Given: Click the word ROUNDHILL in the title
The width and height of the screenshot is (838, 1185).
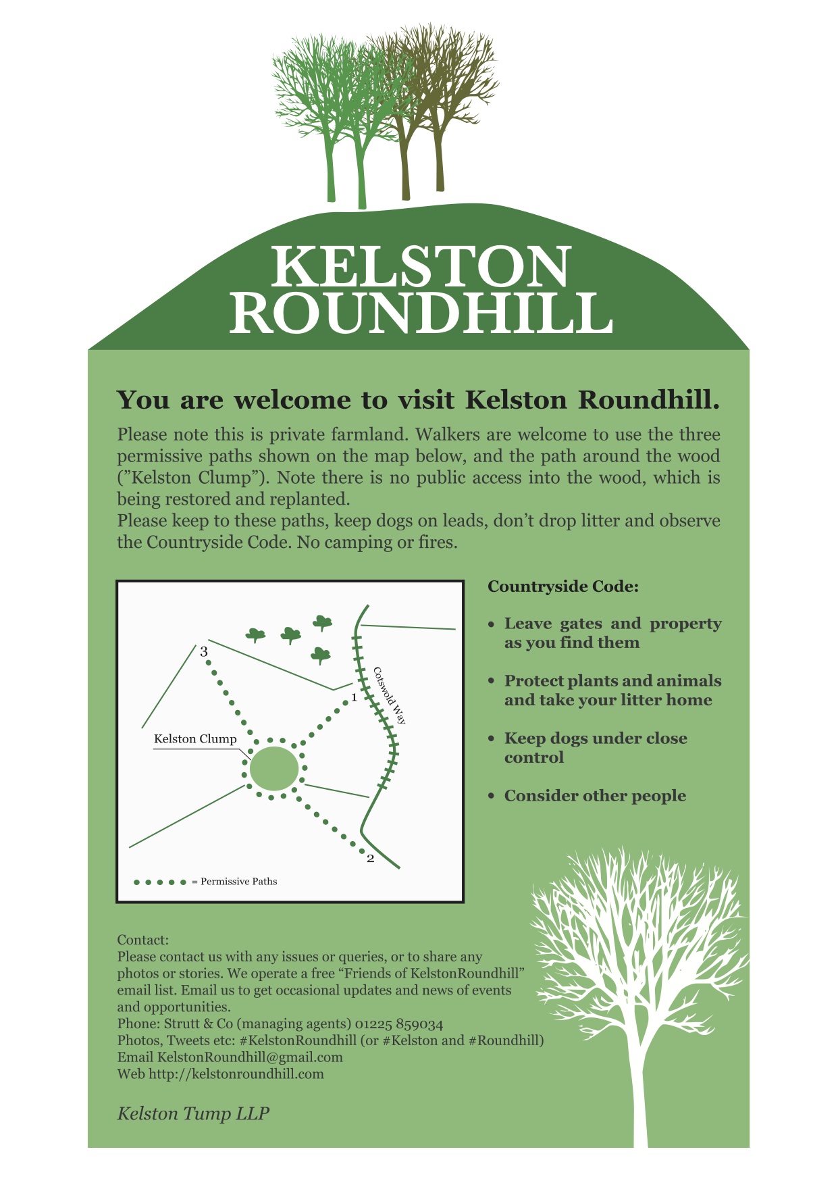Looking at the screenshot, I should coord(421,313).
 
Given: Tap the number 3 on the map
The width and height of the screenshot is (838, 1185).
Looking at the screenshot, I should coord(203,652).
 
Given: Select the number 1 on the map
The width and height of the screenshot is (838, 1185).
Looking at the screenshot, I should coord(354,697).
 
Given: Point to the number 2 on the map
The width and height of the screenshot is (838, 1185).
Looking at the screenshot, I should coord(370,859).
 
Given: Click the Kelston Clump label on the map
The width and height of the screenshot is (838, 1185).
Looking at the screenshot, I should coord(195,738).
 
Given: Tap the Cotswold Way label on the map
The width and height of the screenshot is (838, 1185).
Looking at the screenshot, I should coord(390,695).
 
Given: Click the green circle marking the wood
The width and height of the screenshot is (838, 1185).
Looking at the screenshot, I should coord(273,769).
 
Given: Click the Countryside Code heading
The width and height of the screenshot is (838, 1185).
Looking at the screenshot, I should coord(562,586).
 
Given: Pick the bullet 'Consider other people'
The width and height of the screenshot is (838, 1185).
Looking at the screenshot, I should coord(595,796).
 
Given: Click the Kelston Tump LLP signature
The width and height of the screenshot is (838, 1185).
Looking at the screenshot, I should coord(193,1114).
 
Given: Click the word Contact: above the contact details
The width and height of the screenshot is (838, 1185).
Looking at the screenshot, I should coord(142,940).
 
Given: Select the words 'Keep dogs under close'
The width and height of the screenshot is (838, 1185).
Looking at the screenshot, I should coord(596,738).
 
